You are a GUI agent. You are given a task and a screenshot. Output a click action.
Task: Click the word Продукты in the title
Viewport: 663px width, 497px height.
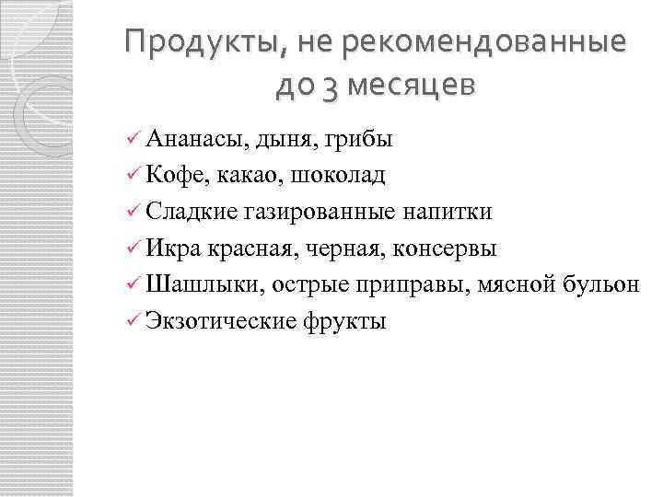189,42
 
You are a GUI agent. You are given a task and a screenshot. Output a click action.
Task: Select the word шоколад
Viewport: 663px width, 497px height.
343,176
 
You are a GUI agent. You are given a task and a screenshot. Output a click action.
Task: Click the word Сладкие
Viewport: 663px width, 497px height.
192,213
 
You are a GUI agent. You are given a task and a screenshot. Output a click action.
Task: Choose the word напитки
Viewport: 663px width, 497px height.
447,213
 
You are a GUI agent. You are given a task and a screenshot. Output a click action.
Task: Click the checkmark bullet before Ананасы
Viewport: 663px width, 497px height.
133,140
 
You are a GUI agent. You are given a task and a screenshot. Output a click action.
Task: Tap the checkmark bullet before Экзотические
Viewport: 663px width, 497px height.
133,322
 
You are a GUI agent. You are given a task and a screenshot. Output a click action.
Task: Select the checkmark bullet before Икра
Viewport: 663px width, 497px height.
133,249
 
